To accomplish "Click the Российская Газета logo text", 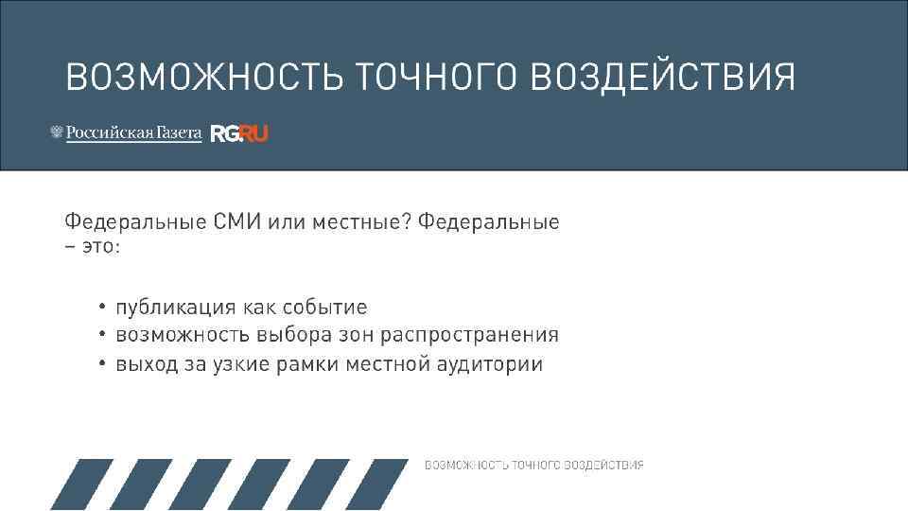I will pos(133,133).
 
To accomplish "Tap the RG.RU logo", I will pos(239,133).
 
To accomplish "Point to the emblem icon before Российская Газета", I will pos(56,133).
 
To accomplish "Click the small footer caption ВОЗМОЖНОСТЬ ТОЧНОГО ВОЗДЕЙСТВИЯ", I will pos(533,465).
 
